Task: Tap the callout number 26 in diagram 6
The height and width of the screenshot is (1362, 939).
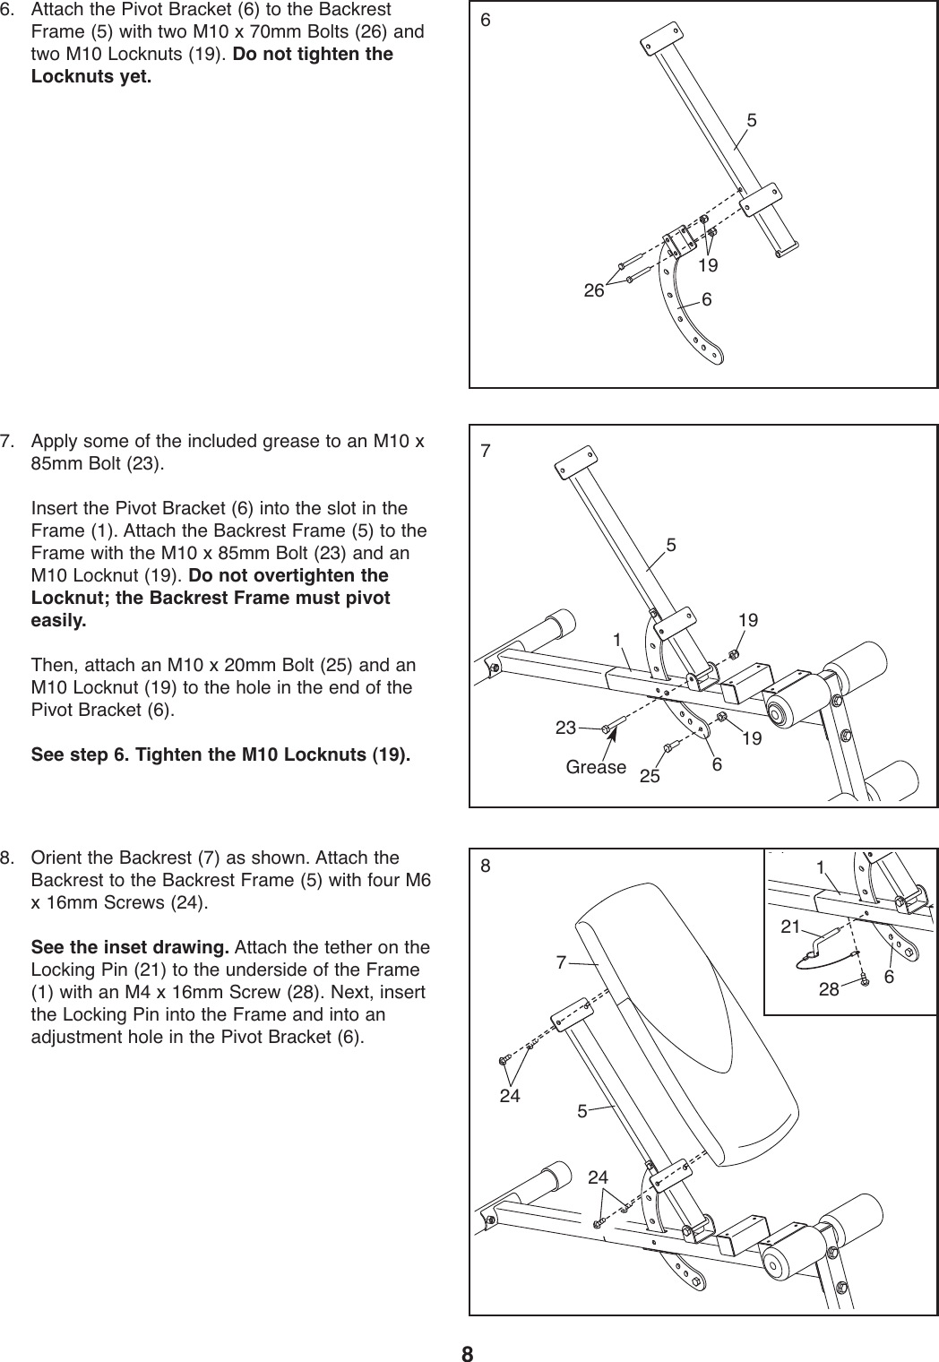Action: (x=593, y=290)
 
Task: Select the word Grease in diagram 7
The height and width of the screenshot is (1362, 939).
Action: (x=596, y=767)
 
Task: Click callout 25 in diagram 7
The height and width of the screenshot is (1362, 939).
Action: (x=650, y=775)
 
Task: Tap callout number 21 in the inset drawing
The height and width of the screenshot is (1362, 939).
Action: (x=790, y=928)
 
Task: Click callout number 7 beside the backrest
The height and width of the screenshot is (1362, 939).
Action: (x=561, y=962)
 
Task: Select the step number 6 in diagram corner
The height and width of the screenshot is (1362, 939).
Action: (x=486, y=21)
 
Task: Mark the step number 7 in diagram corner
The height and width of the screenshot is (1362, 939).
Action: (x=486, y=451)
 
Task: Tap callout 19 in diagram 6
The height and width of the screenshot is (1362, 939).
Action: (x=708, y=265)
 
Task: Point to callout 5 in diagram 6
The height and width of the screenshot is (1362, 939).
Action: (x=751, y=120)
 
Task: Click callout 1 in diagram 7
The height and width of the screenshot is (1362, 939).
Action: (x=617, y=640)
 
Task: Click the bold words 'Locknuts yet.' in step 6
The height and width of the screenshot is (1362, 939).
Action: (x=91, y=75)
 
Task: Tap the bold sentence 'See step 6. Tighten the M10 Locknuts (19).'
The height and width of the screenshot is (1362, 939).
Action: (x=221, y=754)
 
